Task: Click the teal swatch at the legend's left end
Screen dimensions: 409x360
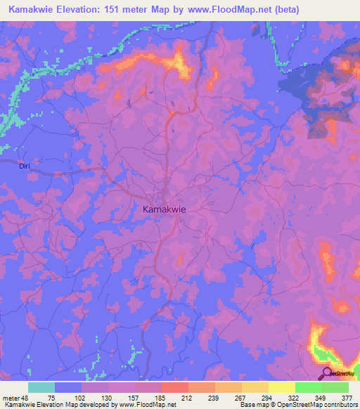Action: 41,387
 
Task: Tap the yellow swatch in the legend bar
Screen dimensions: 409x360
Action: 281,387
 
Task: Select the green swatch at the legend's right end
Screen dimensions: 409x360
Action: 335,387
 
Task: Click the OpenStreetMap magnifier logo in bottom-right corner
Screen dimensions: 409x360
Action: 327,373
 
